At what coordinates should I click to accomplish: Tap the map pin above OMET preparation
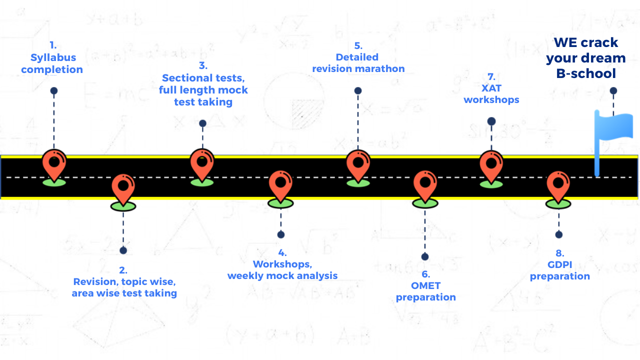point(425,185)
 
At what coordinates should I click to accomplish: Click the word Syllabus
point(52,57)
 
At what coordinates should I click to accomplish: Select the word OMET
point(425,285)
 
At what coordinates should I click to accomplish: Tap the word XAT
point(491,88)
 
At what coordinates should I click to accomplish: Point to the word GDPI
point(559,264)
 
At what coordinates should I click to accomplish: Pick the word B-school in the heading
point(586,73)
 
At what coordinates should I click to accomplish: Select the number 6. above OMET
point(425,274)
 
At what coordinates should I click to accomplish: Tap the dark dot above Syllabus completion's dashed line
point(54,90)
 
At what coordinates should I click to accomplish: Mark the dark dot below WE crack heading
point(613,90)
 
